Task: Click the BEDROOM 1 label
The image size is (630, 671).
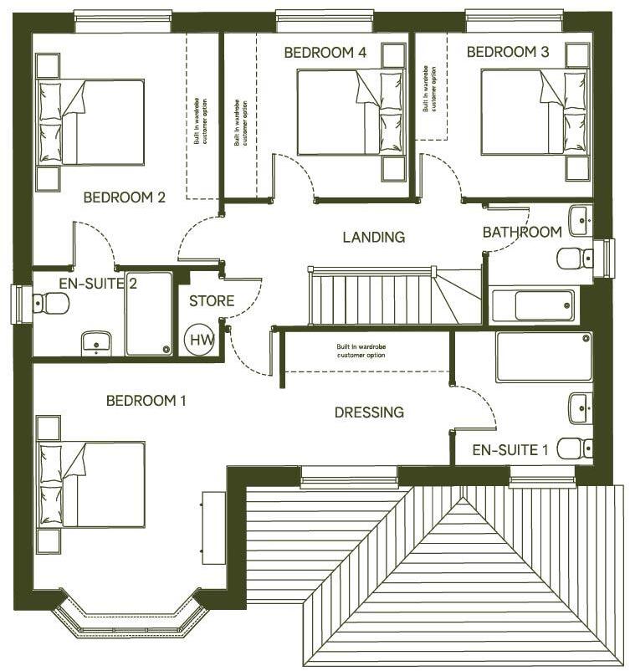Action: (146, 401)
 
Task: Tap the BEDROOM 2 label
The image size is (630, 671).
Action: (124, 197)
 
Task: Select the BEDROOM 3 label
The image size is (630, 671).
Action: (507, 53)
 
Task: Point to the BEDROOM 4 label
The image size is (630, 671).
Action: (325, 53)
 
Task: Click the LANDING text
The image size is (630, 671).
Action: (373, 237)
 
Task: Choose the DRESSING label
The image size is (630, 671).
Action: (369, 412)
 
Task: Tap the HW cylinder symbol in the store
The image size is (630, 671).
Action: (200, 340)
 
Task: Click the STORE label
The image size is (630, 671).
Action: (211, 300)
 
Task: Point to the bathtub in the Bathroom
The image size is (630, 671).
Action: (533, 305)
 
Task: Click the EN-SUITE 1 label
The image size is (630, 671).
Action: (510, 450)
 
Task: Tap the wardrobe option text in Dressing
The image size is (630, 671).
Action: (361, 351)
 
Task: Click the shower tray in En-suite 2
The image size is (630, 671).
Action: (149, 314)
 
